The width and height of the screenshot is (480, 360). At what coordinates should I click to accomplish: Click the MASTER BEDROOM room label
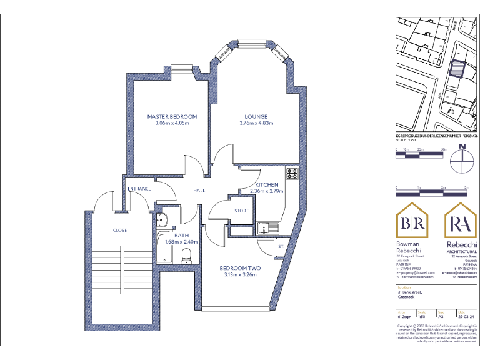(x=172, y=116)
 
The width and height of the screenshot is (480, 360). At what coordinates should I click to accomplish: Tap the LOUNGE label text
(x=256, y=116)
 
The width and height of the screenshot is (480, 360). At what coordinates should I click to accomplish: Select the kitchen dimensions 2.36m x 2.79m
(x=266, y=191)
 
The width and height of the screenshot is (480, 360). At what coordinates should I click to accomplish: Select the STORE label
(x=242, y=211)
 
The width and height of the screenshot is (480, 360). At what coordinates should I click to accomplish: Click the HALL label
(x=199, y=190)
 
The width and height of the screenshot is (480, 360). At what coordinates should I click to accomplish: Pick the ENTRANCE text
(x=139, y=188)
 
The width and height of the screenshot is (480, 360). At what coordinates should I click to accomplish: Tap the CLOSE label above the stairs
(x=120, y=230)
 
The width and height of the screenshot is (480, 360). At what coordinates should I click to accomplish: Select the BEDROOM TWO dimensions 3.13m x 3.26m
(x=240, y=275)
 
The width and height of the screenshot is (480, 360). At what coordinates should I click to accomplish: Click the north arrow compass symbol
(x=462, y=159)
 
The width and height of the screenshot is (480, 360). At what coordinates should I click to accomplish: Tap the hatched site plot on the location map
(x=459, y=67)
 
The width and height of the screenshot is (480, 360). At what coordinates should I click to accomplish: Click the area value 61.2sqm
(x=404, y=317)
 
